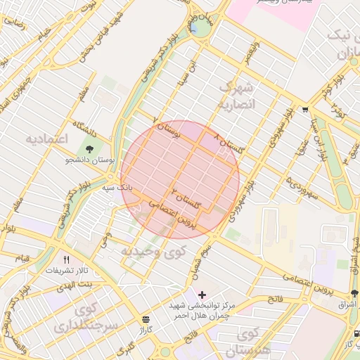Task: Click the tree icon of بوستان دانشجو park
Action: pyautogui.click(x=89, y=148)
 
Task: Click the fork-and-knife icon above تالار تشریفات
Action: pyautogui.click(x=67, y=259)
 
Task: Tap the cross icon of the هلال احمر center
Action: pyautogui.click(x=202, y=294)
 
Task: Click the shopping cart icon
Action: pyautogui.click(x=304, y=110)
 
